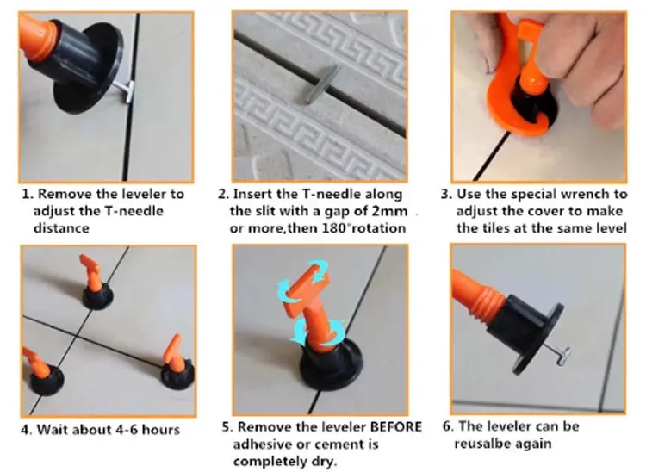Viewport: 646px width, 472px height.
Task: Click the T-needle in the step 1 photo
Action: (125, 91)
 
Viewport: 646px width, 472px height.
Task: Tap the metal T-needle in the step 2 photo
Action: (323, 84)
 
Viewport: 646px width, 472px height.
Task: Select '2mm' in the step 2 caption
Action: (389, 211)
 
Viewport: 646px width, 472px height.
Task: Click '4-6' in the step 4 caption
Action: (127, 430)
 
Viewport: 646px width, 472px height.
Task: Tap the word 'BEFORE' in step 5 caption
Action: (396, 426)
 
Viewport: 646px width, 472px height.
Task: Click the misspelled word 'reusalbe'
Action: (479, 444)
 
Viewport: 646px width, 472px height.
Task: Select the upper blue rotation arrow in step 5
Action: (303, 279)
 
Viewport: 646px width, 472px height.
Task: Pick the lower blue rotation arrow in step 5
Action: (317, 332)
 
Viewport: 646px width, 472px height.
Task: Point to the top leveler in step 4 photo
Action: (96, 284)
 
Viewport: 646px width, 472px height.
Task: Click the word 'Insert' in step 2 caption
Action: (255, 194)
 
